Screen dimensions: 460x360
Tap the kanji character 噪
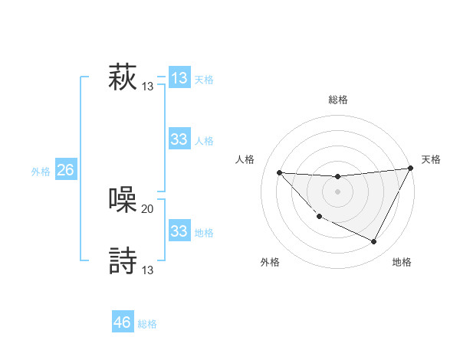[123, 200]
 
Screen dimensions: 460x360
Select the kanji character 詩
[123, 260]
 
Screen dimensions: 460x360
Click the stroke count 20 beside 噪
[148, 208]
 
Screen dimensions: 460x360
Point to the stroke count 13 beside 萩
[148, 87]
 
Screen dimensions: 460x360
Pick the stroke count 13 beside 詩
[148, 270]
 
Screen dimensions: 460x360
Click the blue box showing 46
[123, 322]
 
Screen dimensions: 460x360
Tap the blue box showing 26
[65, 170]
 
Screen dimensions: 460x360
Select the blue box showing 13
[179, 78]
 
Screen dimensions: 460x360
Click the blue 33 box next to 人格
[179, 139]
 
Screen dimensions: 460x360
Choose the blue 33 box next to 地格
[179, 231]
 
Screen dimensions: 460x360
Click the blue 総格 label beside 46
[147, 324]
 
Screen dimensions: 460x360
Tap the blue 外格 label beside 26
[41, 172]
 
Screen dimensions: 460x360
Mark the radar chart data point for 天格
[411, 169]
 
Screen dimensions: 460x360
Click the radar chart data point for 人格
[279, 172]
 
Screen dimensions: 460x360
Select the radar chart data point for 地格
[374, 242]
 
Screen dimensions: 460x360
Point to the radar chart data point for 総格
[337, 177]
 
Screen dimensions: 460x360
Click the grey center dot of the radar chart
[337, 191]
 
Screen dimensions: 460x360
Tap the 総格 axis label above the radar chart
[337, 100]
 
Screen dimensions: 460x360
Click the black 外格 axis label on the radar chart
[270, 262]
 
